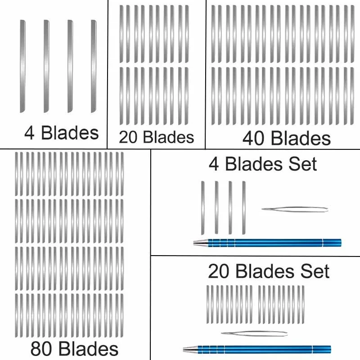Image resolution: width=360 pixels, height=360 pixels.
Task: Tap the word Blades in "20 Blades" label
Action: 166,137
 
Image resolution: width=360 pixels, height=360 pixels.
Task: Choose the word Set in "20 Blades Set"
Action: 316,271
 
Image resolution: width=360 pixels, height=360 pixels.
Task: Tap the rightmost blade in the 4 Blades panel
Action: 94,66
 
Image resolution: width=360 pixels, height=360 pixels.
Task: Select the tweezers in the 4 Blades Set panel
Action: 295,209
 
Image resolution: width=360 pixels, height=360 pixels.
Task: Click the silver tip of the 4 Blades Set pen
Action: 199,243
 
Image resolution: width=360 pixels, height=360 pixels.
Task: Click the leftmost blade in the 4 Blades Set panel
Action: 202,207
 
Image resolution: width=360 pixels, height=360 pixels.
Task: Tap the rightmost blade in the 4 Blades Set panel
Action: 244,207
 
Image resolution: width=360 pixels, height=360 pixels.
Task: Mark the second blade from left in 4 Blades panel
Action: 46,66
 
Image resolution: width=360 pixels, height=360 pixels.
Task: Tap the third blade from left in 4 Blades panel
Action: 70,66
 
